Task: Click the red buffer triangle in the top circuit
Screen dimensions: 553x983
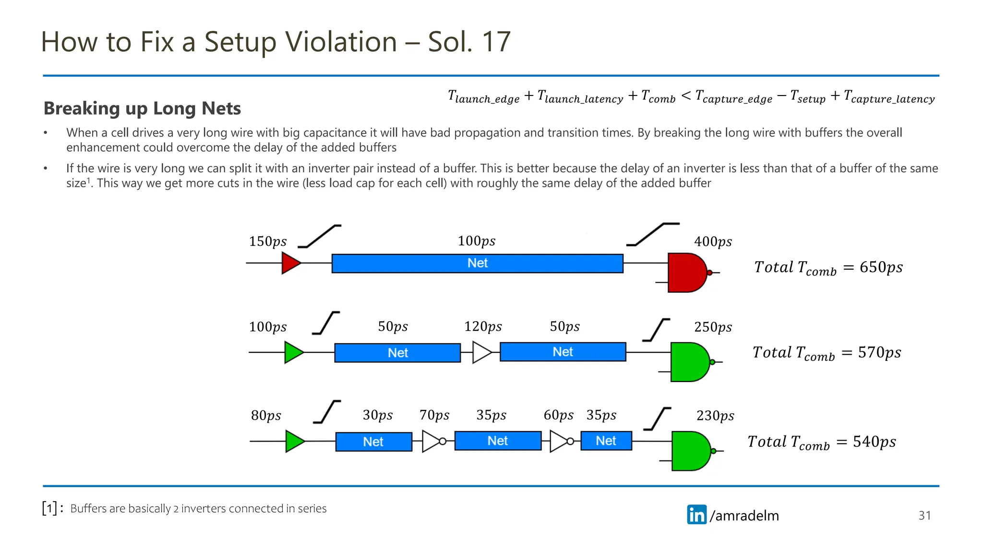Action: pos(290,263)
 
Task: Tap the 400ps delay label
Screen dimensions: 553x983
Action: pos(713,241)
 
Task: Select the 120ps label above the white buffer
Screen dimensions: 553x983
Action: pos(483,327)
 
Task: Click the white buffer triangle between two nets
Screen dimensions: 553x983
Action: pos(481,352)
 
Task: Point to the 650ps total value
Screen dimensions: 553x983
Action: pos(881,267)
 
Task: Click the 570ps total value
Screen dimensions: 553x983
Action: pos(879,353)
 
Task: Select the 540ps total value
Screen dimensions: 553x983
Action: pos(874,442)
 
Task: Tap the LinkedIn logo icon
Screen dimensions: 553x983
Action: pos(696,515)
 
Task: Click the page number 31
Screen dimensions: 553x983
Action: pos(924,516)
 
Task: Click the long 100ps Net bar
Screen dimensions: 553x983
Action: pos(477,264)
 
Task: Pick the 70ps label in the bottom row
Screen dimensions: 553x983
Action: pos(434,415)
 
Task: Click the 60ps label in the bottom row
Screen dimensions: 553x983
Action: pos(558,415)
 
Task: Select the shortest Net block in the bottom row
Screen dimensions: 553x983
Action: pos(606,441)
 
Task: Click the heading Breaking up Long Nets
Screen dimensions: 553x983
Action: pos(142,108)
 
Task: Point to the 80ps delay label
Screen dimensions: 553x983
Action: pos(266,416)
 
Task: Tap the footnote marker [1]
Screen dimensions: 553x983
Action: pos(49,508)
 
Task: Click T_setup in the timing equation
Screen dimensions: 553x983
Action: pos(808,97)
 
